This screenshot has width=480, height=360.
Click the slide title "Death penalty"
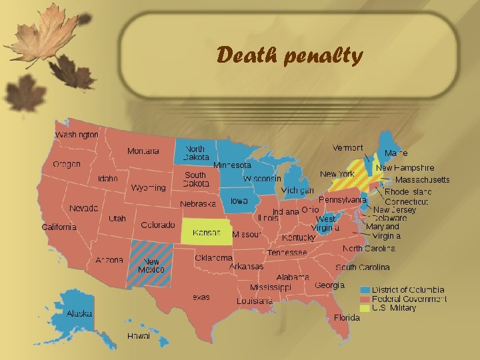pos(289,55)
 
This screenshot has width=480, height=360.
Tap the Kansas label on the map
pos(207,233)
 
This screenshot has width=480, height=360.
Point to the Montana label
pos(143,151)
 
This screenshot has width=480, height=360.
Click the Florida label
pos(347,317)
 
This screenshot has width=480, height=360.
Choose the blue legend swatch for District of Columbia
pos(365,290)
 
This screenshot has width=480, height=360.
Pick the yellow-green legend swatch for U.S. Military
pos(365,308)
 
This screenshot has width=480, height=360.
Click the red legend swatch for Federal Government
pos(365,299)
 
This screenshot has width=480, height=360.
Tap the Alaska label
pos(79,313)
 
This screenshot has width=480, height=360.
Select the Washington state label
pos(77,135)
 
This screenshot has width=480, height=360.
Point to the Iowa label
pos(239,201)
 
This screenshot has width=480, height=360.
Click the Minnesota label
pos(232,165)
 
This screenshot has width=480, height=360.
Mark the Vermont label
pos(348,147)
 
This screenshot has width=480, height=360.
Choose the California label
pos(59,227)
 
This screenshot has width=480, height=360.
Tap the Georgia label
pos(329,285)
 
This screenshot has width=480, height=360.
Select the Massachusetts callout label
pos(422,179)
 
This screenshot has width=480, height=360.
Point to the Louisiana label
pos(254,301)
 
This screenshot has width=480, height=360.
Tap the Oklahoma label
pos(214,258)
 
